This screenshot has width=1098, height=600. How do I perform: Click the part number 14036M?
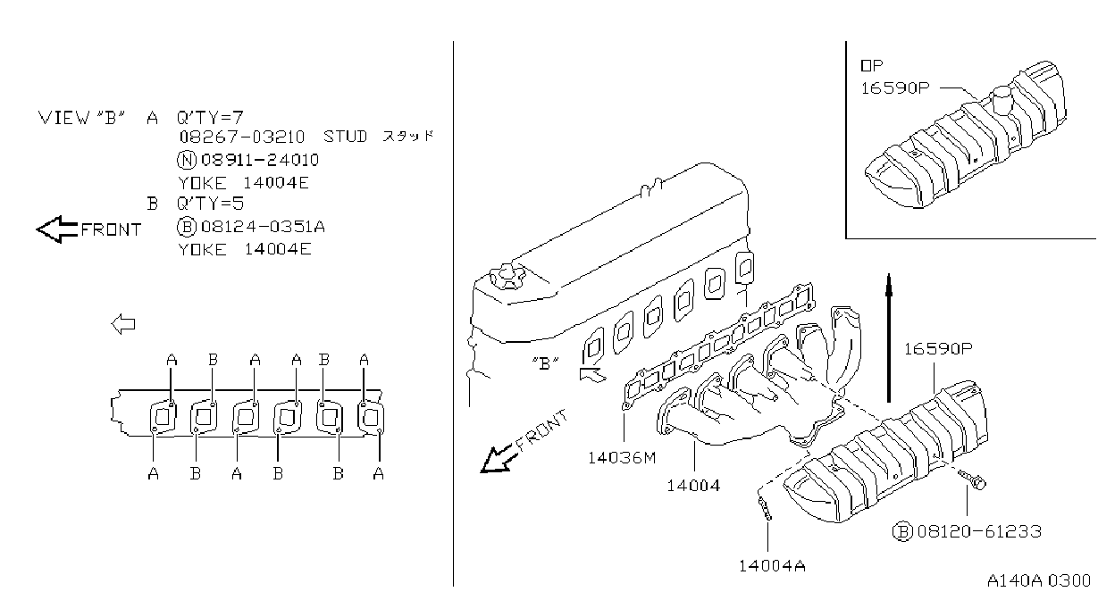click(622, 458)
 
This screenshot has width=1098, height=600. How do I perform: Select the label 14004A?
click(772, 566)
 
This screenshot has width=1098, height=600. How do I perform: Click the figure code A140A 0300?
click(1038, 581)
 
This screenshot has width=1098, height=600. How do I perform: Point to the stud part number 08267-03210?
click(241, 137)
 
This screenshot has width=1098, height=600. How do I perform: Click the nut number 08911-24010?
click(260, 160)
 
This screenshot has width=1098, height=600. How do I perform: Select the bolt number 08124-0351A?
click(264, 226)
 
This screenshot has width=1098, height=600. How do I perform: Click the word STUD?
click(345, 137)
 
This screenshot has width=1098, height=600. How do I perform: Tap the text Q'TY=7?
click(210, 117)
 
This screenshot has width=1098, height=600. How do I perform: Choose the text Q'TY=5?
click(210, 203)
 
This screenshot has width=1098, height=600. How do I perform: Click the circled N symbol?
click(186, 160)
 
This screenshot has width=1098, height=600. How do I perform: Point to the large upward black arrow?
click(889, 338)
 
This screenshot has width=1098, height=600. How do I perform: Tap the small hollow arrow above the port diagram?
click(123, 324)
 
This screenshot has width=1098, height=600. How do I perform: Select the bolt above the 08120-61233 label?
click(971, 479)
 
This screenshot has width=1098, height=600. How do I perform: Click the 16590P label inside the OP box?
click(895, 88)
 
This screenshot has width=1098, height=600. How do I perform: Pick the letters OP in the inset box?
click(872, 65)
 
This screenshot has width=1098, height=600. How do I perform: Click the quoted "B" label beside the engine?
click(545, 363)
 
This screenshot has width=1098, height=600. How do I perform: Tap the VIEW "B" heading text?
click(81, 118)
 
